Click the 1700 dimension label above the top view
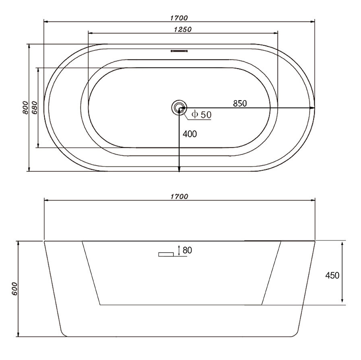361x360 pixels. (179, 18)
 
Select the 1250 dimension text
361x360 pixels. (183, 29)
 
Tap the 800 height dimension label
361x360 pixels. (25, 107)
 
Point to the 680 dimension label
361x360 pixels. (34, 107)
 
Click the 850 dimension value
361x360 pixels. (240, 103)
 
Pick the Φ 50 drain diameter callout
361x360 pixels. (202, 114)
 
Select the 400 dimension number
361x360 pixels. (190, 134)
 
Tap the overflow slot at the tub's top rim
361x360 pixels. (179, 51)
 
